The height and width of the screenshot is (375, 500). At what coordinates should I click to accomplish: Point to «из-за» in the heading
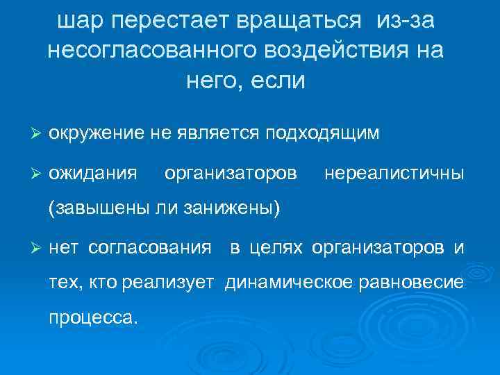406,22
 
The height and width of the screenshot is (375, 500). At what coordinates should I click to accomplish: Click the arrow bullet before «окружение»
37,132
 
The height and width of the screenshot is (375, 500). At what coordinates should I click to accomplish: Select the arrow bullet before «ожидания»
37,171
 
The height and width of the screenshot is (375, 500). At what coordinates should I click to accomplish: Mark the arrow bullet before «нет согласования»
37,247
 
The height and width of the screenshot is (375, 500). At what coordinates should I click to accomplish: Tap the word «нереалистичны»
394,171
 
